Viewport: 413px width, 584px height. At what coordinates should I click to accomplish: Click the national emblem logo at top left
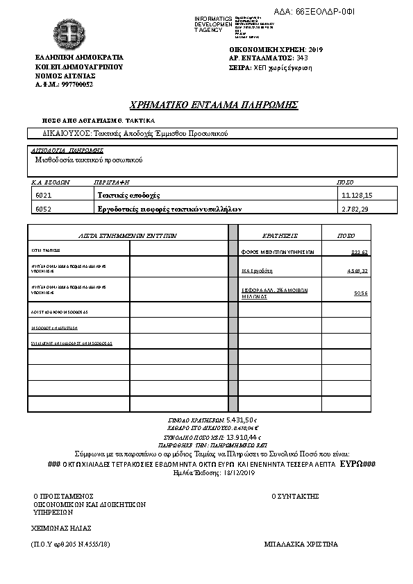point(69,33)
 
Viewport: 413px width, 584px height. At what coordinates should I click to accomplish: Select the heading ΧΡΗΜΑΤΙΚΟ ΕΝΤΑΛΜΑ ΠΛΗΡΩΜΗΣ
point(214,105)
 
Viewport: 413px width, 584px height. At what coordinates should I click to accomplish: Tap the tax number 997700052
point(77,85)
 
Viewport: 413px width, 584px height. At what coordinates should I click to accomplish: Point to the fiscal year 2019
point(315,50)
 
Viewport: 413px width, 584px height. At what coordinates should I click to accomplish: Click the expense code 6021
point(44,196)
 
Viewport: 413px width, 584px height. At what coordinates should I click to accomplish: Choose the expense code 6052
point(44,209)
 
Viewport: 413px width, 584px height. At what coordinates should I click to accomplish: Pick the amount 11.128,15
point(357,196)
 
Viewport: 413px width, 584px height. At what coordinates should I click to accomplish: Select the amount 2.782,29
point(357,209)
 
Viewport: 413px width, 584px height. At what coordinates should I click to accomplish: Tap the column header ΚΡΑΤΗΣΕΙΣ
point(280,236)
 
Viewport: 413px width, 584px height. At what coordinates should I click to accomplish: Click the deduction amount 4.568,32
point(357,270)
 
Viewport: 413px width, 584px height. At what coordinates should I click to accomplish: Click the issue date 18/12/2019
point(237,472)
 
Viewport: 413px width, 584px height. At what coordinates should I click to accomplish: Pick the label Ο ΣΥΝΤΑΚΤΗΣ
point(295,496)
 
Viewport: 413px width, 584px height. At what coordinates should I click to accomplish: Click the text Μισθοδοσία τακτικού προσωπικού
point(89,160)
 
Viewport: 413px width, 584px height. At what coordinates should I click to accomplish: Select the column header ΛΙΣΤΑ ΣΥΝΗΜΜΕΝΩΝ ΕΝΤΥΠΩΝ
point(128,236)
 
